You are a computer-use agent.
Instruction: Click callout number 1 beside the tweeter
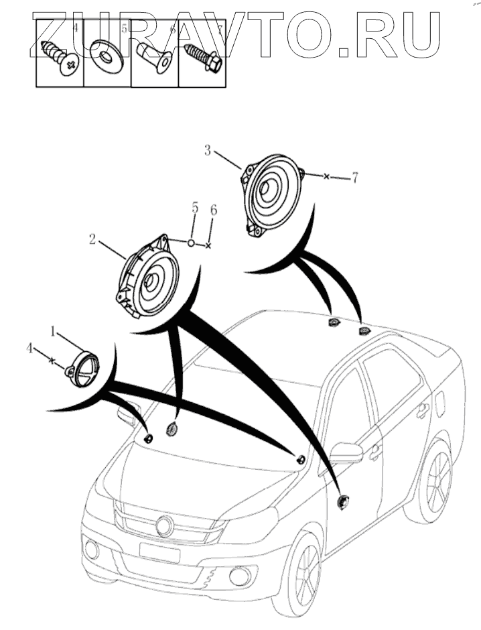pos(54,330)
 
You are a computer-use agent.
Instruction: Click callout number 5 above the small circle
pos(195,208)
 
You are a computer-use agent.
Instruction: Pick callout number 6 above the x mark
pos(213,210)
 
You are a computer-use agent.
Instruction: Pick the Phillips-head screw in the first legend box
pos(60,58)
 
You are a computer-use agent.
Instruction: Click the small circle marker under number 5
pos(191,242)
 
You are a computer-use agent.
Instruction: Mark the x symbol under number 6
pos(208,246)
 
